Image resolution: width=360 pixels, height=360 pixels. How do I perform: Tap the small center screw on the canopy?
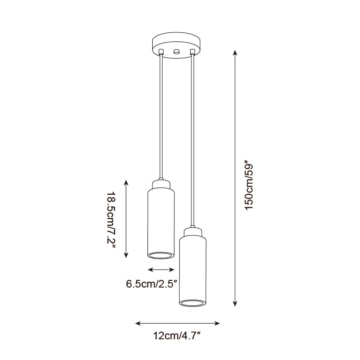click(176, 51)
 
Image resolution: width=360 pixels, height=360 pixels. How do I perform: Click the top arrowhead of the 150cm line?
click(235, 53)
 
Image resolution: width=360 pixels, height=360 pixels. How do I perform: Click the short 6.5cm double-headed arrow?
click(161, 270)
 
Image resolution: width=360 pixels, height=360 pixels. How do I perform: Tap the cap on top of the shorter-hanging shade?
click(161, 184)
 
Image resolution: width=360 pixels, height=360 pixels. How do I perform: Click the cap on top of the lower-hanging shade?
click(193, 233)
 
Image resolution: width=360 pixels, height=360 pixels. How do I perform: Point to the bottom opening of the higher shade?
click(161, 256)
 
